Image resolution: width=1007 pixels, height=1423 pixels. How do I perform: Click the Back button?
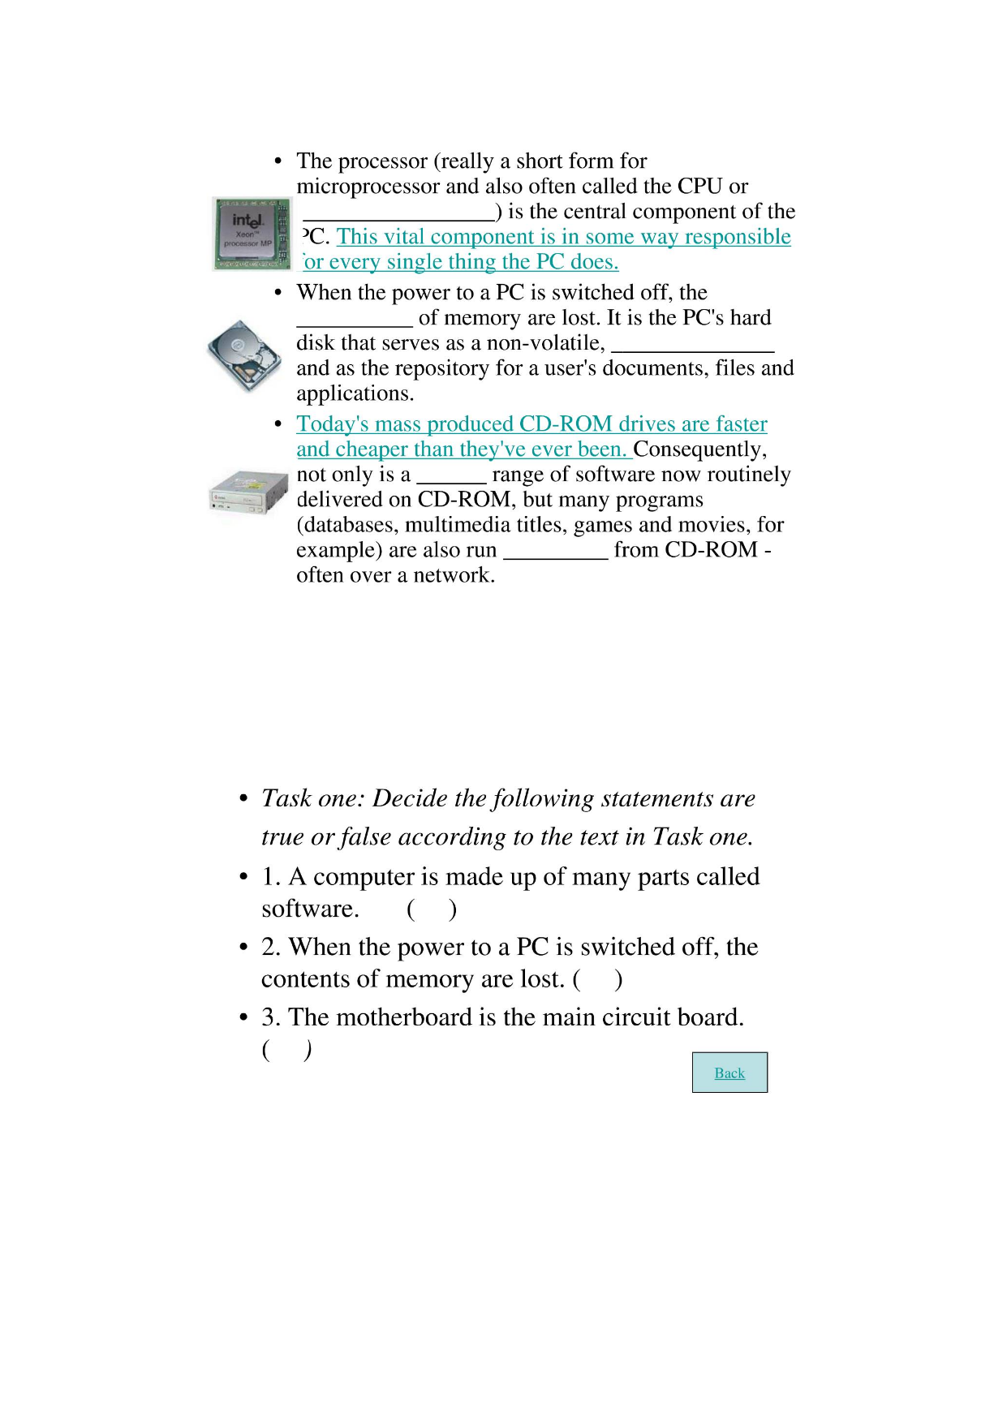coord(729,1073)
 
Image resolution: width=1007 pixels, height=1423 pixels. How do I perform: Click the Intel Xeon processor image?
coord(252,234)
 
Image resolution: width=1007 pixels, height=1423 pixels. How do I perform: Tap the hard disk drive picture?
coord(241,355)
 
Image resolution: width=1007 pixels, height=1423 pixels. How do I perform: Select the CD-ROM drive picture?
coord(249,492)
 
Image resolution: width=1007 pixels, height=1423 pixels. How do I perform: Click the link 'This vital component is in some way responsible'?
coord(563,237)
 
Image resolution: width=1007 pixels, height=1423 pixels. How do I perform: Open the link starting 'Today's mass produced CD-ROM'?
coord(531,424)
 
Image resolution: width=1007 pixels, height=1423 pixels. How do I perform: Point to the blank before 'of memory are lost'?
coord(355,320)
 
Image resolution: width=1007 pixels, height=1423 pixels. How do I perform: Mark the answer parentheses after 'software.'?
coord(432,909)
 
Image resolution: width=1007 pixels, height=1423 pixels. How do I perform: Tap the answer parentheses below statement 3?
coord(286,1050)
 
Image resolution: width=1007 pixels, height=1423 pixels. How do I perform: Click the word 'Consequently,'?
coord(699,449)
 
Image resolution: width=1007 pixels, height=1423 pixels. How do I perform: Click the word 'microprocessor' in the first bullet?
coord(368,187)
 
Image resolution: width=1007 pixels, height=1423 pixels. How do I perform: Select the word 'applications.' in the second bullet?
coord(355,393)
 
